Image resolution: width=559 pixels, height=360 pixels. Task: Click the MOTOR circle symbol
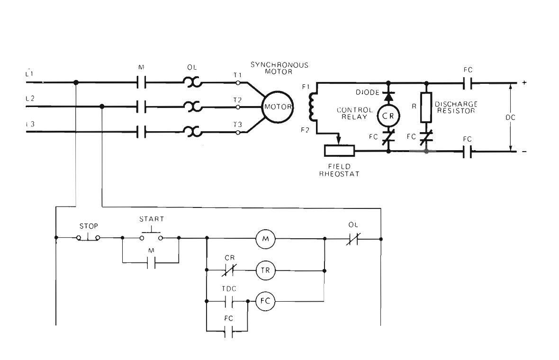pyautogui.click(x=278, y=107)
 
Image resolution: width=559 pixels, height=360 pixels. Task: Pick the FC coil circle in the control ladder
pyautogui.click(x=265, y=301)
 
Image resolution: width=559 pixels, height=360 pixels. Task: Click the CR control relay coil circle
pyautogui.click(x=388, y=116)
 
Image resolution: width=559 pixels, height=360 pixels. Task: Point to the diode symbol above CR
pyautogui.click(x=388, y=97)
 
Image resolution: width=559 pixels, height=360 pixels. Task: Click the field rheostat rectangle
pyautogui.click(x=339, y=151)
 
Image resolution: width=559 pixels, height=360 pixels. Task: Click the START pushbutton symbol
pyautogui.click(x=151, y=235)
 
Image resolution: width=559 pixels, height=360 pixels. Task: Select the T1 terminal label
pyautogui.click(x=237, y=75)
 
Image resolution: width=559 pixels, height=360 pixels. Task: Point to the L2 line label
pyautogui.click(x=30, y=99)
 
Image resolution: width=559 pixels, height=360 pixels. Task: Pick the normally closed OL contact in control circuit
pyautogui.click(x=353, y=239)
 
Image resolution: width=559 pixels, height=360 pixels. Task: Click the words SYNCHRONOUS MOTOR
pyautogui.click(x=279, y=68)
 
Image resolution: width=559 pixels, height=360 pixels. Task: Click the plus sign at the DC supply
pyautogui.click(x=524, y=83)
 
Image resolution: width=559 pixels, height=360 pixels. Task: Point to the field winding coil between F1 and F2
pyautogui.click(x=312, y=107)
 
